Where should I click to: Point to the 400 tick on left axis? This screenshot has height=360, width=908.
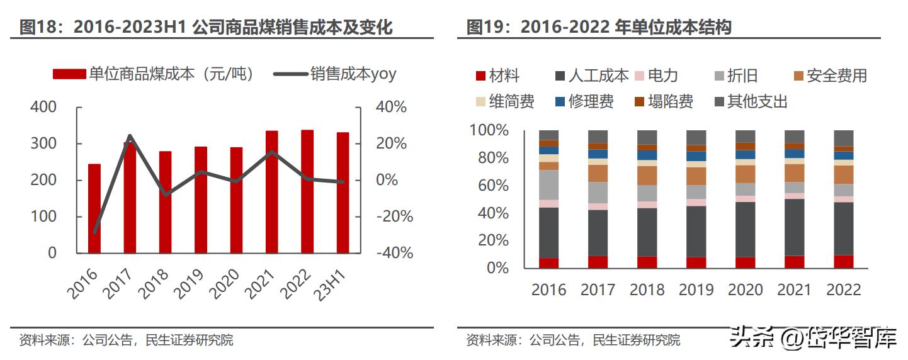click(43, 107)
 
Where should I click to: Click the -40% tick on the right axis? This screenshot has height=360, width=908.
click(394, 253)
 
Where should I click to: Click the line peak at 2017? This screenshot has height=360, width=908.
click(129, 135)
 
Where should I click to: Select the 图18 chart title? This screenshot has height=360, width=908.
click(207, 27)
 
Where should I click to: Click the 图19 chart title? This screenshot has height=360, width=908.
click(598, 27)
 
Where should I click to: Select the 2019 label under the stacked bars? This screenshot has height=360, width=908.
click(696, 290)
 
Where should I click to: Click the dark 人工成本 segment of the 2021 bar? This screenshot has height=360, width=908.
click(794, 227)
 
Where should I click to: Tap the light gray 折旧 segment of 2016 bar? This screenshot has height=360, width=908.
click(548, 184)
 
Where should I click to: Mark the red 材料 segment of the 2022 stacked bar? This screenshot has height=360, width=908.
click(843, 261)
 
